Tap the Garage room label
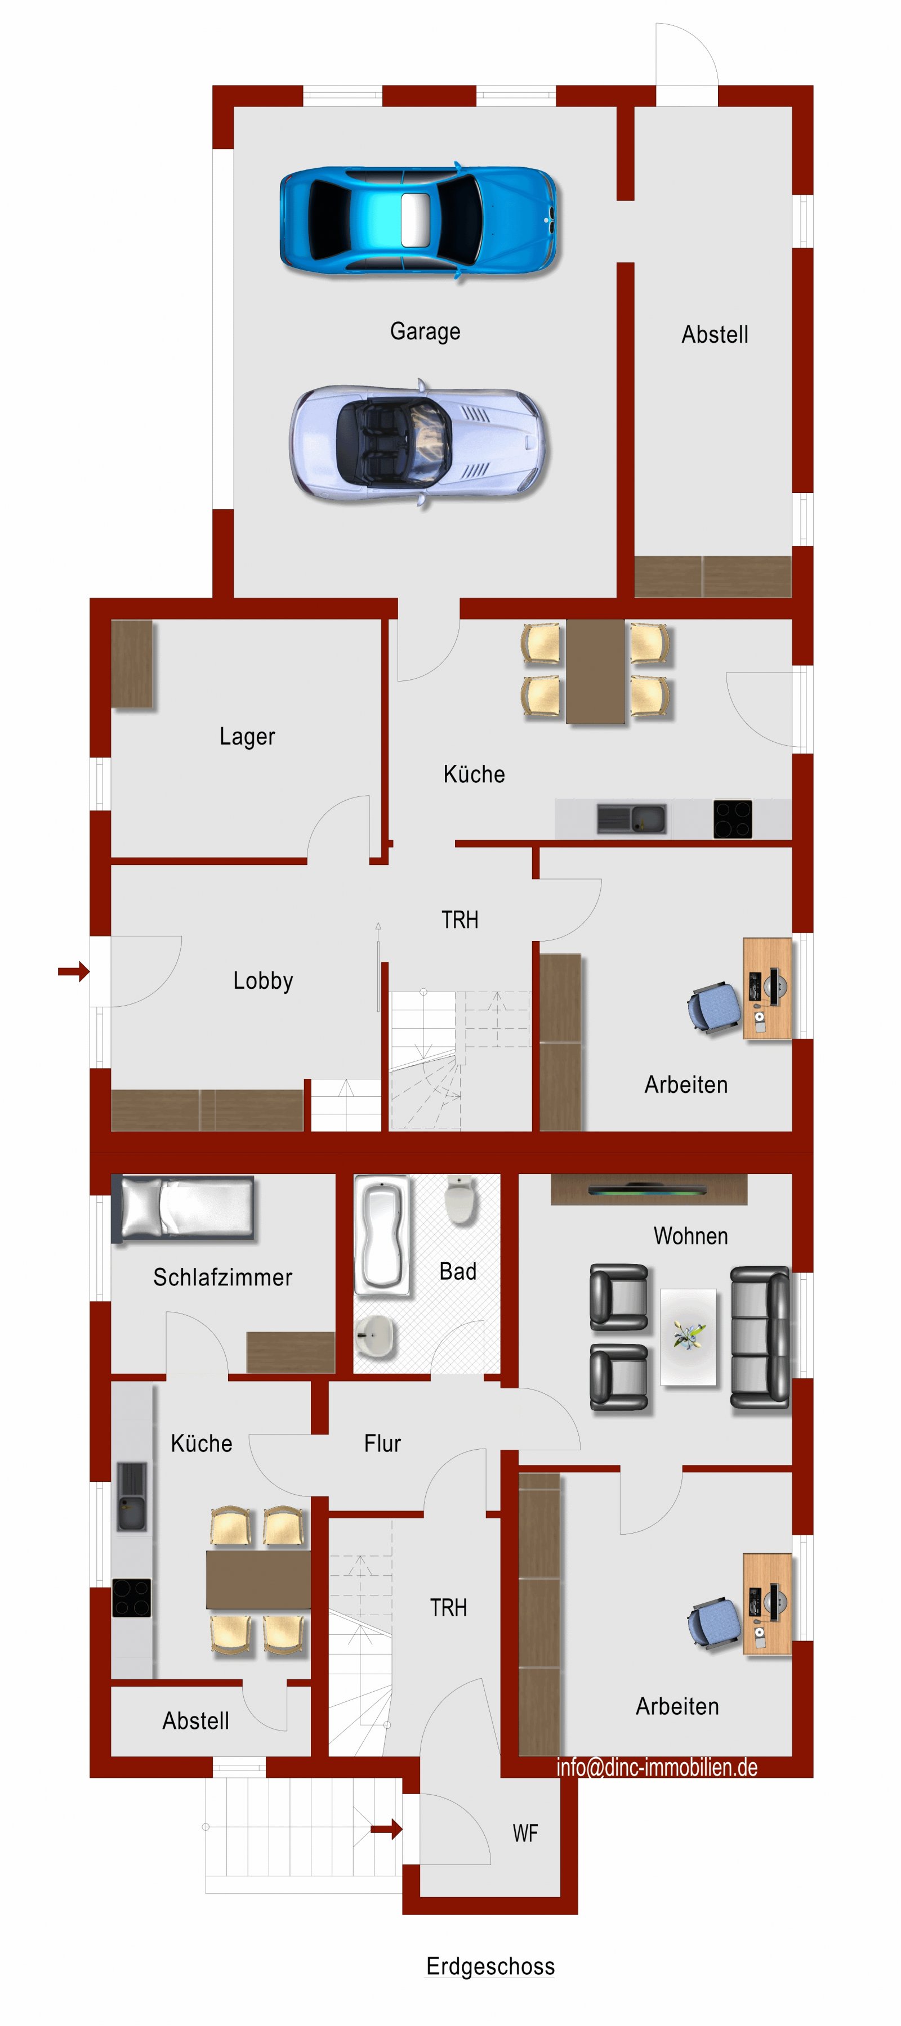point(425,331)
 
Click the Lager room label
point(247,736)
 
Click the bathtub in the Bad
point(382,1235)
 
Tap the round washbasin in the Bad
point(374,1336)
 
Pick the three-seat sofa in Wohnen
point(760,1337)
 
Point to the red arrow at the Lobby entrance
point(74,971)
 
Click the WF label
point(525,1834)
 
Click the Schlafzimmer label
point(222,1278)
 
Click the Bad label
point(458,1271)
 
